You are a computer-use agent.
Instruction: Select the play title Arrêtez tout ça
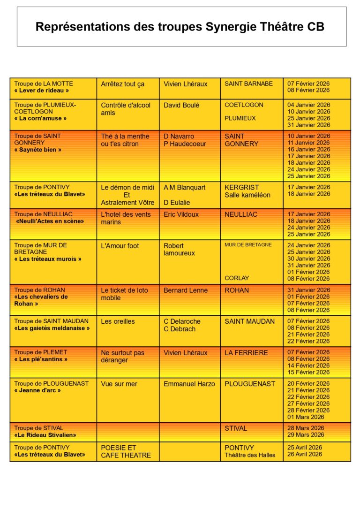point(123,84)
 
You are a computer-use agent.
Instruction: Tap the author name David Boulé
point(181,105)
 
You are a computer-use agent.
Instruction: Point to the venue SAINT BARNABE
point(248,84)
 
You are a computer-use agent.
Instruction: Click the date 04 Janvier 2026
point(308,105)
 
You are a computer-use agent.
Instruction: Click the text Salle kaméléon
point(247,195)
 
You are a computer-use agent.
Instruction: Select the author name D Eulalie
point(177,203)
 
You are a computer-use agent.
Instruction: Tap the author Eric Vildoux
point(181,214)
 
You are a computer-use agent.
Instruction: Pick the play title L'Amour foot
point(120,245)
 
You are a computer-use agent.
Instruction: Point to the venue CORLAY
point(237,278)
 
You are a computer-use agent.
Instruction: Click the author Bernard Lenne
point(186,290)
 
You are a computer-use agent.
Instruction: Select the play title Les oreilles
point(118,321)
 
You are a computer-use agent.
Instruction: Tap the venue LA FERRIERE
point(246,352)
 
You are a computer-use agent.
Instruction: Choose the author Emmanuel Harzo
point(189,384)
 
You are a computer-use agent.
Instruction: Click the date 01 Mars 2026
point(306,417)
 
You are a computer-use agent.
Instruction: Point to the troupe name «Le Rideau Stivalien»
point(45,435)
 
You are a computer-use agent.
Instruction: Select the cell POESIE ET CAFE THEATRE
point(126,451)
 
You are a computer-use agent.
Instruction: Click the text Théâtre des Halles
point(250,455)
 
